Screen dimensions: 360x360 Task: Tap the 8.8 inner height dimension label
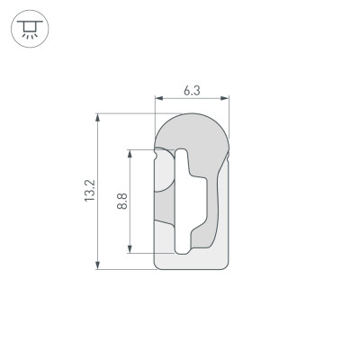coord(122,201)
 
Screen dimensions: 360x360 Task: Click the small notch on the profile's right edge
coord(229,159)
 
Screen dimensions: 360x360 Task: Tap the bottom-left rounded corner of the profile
coord(160,264)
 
